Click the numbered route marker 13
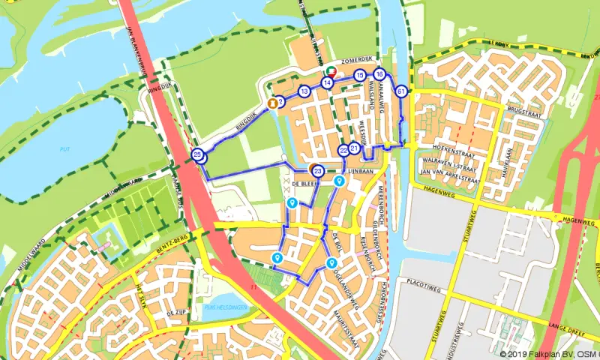pos(304,91)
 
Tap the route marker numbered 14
pos(328,82)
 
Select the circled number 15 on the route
pos(360,75)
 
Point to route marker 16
pos(380,74)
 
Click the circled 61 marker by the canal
pos(402,91)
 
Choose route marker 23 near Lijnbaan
pos(318,171)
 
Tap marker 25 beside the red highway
pos(198,155)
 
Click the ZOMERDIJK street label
pos(357,58)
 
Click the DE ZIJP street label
pos(175,311)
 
